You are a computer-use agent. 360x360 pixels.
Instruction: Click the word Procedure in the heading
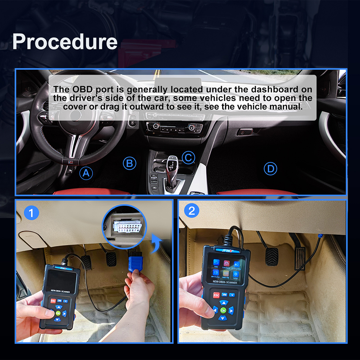(65, 42)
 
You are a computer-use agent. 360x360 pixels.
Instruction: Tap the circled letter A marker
(86, 174)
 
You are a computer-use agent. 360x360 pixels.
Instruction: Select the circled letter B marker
(130, 164)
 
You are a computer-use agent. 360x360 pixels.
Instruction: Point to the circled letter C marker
(188, 157)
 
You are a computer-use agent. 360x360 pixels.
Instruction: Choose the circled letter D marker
(270, 168)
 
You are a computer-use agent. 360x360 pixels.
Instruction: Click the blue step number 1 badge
(31, 213)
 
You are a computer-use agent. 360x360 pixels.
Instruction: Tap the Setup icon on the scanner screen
(236, 275)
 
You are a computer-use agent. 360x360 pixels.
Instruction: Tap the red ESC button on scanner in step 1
(53, 301)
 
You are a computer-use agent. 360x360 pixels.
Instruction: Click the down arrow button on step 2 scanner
(223, 318)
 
